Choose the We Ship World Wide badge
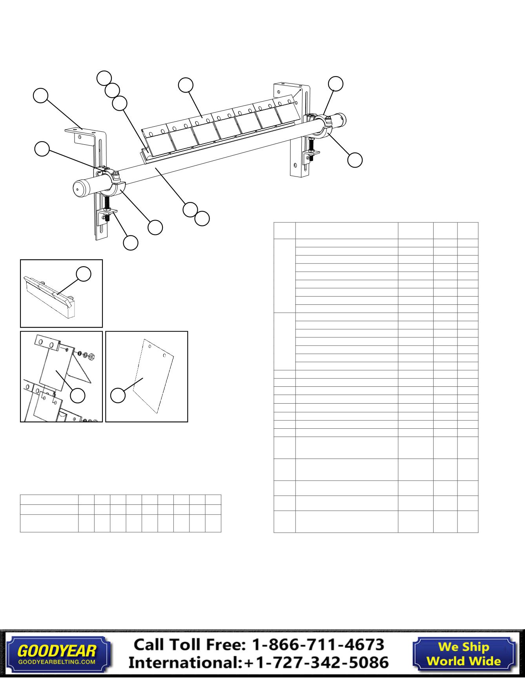[463, 653]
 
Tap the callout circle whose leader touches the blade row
[186, 85]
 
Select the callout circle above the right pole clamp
[335, 83]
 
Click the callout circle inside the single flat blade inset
[118, 395]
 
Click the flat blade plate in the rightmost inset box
[153, 377]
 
